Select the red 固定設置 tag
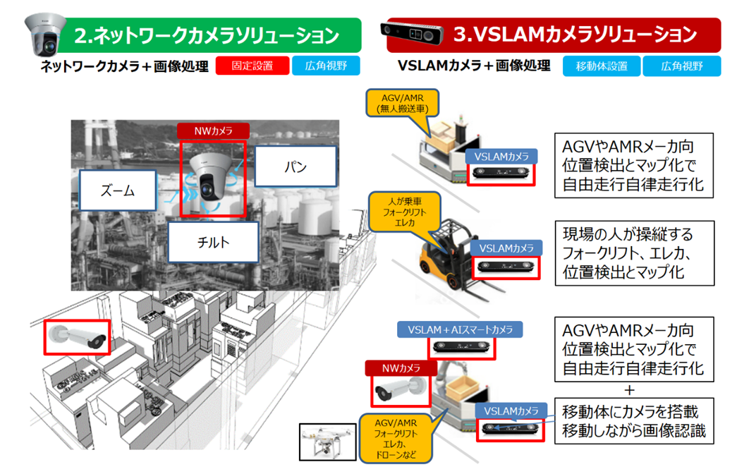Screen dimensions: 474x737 click(253, 66)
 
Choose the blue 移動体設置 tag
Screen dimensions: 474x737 click(601, 66)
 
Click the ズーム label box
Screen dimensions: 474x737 click(118, 190)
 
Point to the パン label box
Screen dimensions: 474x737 click(296, 166)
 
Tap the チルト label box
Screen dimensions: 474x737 click(213, 243)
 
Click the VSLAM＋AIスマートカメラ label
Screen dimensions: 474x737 click(460, 329)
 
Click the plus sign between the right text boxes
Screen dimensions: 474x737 click(630, 391)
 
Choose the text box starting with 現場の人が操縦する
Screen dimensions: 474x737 click(633, 252)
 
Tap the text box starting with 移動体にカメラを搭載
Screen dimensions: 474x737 click(633, 420)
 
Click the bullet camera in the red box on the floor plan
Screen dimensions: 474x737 click(78, 336)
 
